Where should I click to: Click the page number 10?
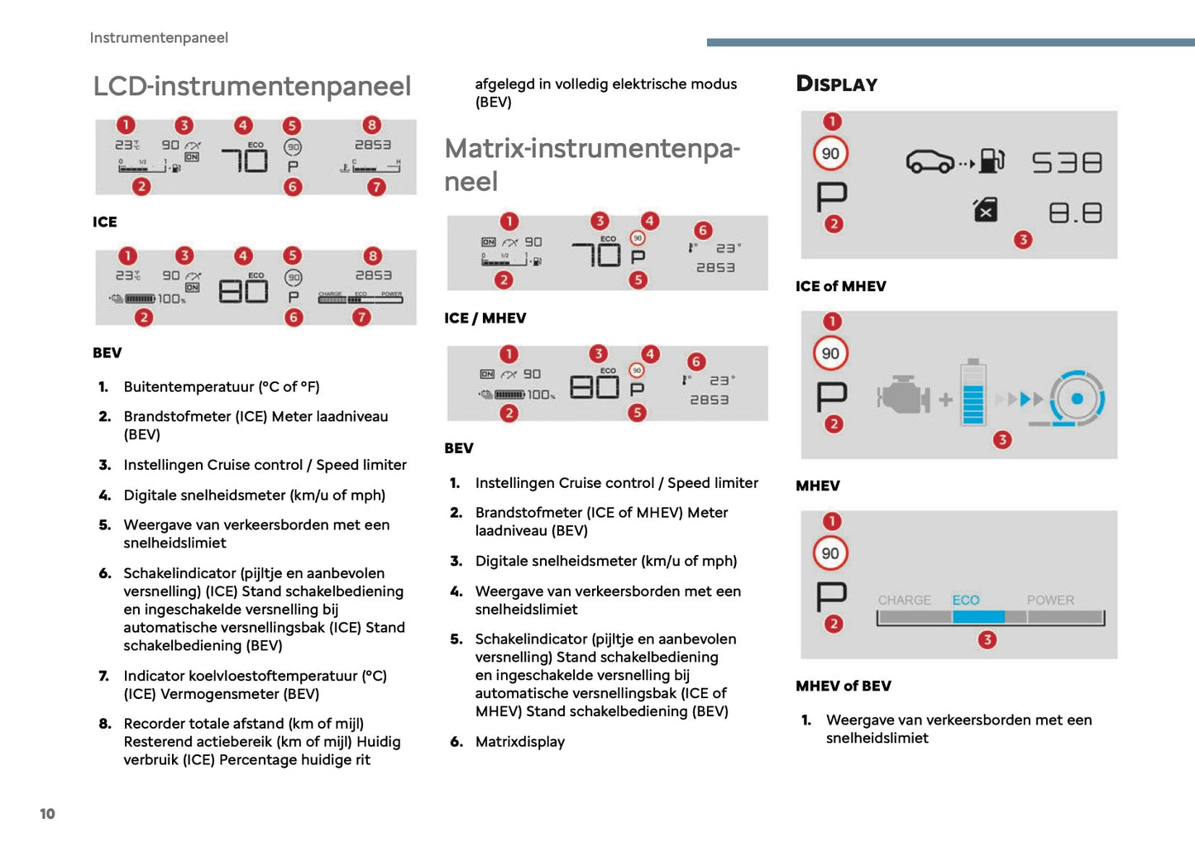point(47,814)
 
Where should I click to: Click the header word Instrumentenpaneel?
point(159,38)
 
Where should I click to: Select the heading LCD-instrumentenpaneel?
point(251,86)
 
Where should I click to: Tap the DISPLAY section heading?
point(836,84)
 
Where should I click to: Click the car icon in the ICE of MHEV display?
point(930,161)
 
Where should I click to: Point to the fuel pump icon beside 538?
point(992,160)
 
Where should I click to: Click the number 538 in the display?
point(1066,162)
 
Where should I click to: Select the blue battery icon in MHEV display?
point(973,394)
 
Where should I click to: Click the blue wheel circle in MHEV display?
point(1077,399)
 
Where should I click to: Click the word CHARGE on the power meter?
point(904,600)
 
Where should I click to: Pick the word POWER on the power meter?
point(1050,600)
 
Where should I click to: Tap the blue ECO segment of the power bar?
point(978,617)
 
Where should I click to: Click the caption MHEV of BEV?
point(843,686)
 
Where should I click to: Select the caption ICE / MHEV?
point(485,318)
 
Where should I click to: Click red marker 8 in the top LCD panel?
point(372,125)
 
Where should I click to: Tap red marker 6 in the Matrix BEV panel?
point(696,361)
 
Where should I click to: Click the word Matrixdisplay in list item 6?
point(519,742)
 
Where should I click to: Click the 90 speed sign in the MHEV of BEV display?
point(830,553)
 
